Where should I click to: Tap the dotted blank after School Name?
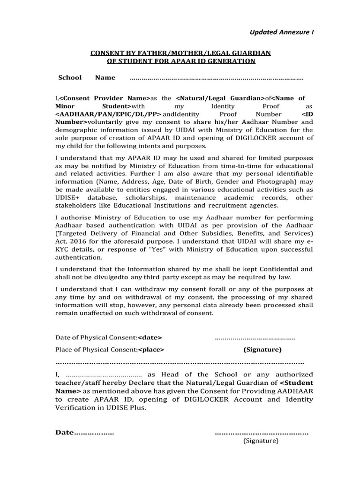[216, 78]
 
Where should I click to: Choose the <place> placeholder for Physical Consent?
[151, 350]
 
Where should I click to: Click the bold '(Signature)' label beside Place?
[262, 350]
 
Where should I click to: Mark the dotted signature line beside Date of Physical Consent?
[255, 337]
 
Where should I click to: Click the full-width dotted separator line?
[180, 363]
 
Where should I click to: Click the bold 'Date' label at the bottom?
[65, 433]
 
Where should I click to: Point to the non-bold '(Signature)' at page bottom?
[261, 441]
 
